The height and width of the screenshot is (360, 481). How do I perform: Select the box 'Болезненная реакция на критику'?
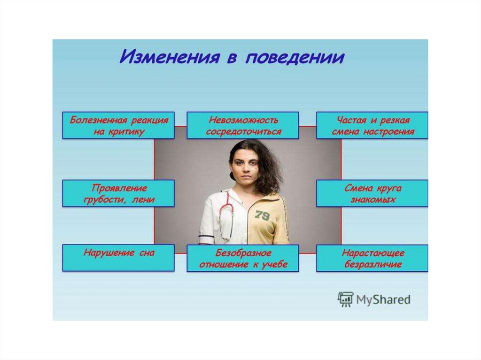pos(118,125)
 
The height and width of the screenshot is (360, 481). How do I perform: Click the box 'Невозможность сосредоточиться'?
pos(243,125)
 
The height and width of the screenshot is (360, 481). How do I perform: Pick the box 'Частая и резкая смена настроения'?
pos(372,125)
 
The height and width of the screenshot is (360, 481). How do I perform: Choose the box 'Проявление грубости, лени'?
pos(118,193)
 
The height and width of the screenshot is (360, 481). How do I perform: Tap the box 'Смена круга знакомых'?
pos(372,193)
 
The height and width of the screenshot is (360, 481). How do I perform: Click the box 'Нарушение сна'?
pos(118,257)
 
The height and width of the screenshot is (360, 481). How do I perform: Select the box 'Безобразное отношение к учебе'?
pos(243,258)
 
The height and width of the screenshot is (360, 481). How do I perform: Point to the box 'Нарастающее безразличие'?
pos(372,258)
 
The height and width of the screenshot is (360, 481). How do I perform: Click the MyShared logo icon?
pos(345,299)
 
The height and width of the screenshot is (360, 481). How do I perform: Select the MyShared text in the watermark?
pos(383,299)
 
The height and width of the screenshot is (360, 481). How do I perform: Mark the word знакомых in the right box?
pos(373,200)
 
